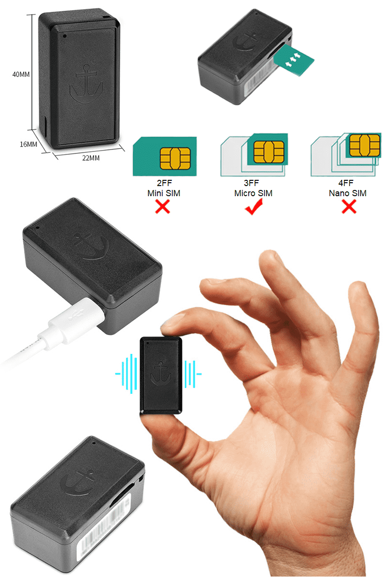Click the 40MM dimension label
tap(21, 75)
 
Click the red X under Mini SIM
tap(163, 207)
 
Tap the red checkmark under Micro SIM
tap(253, 208)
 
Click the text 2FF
tap(163, 184)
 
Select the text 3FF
tap(253, 184)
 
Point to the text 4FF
tap(348, 184)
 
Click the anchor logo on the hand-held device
tap(161, 373)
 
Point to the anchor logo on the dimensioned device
tap(85, 83)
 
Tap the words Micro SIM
tap(253, 193)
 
